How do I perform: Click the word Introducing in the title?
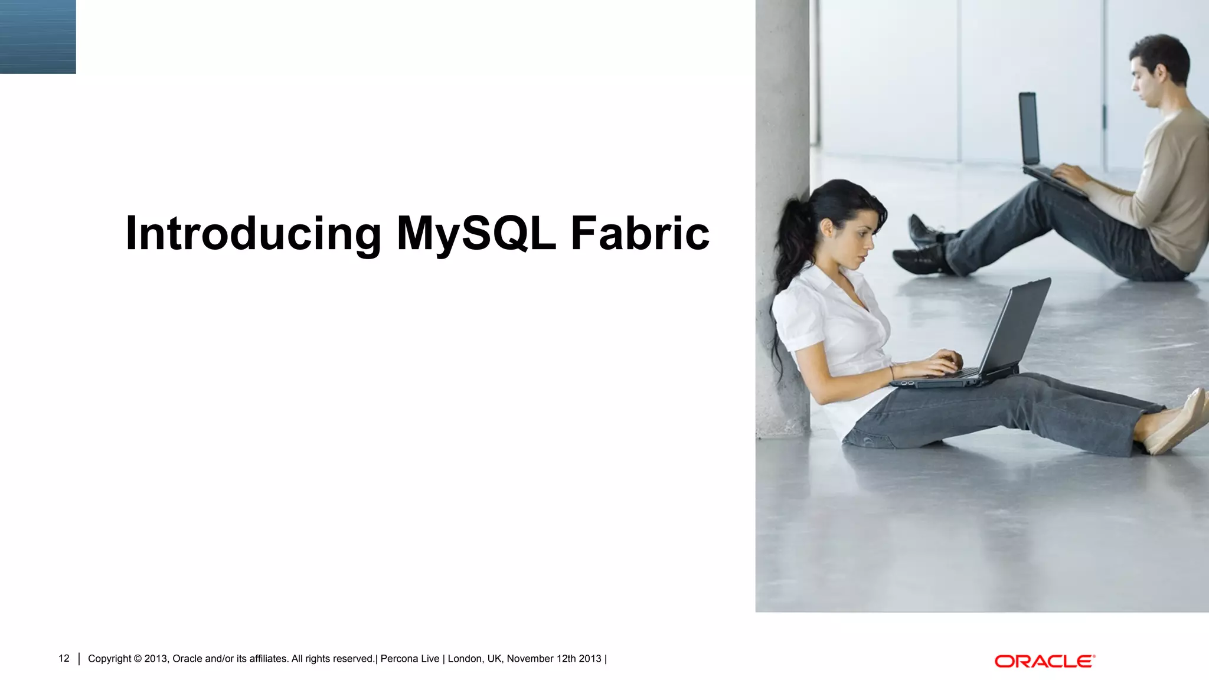coord(253,234)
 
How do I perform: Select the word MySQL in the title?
coord(476,234)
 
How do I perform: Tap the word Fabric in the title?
coord(640,234)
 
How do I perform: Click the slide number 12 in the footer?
coord(64,658)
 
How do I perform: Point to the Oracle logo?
coord(1044,661)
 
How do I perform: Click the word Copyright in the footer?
coord(110,659)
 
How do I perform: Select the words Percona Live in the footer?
coord(410,659)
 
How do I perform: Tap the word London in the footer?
coord(465,659)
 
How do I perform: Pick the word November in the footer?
coord(530,659)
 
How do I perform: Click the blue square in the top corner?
coord(38,37)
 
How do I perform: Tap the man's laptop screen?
coord(1028,128)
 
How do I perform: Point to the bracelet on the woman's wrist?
coord(892,372)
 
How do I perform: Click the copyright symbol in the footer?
coord(138,659)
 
